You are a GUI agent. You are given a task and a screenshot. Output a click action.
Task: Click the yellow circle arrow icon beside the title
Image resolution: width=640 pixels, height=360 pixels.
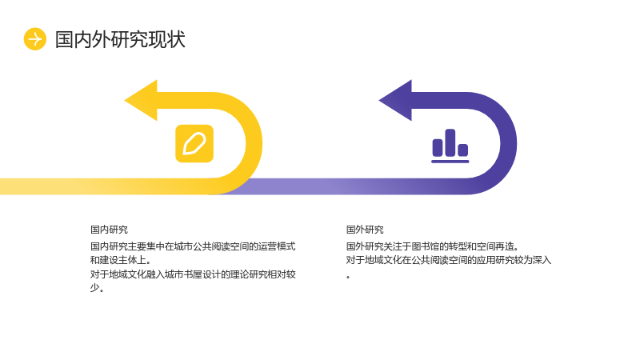[x=35, y=39]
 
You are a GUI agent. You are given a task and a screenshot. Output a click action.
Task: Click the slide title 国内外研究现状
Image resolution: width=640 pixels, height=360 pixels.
[x=120, y=39]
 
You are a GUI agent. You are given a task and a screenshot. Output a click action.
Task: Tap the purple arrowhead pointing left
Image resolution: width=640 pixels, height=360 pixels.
[x=395, y=101]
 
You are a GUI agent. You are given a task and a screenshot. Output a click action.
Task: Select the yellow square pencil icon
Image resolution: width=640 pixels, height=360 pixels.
[x=194, y=144]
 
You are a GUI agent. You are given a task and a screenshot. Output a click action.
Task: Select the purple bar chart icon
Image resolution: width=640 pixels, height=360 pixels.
[x=450, y=146]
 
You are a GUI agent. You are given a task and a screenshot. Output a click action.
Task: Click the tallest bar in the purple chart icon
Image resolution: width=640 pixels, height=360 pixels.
[x=450, y=142]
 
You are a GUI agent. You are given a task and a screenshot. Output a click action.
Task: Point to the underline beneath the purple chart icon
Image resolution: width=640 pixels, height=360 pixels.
[x=450, y=162]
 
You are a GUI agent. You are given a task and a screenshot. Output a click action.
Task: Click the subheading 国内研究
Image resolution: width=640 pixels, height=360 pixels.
[x=109, y=230]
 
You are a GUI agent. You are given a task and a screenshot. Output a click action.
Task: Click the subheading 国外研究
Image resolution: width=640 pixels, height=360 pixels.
[x=365, y=230]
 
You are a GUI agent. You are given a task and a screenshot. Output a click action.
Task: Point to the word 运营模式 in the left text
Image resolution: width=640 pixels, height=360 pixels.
[x=277, y=246]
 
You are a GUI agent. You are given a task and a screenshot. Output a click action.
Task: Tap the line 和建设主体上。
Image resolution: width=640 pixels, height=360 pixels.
[x=121, y=260]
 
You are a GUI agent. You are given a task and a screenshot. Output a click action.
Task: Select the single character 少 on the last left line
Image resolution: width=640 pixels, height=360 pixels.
[x=94, y=287]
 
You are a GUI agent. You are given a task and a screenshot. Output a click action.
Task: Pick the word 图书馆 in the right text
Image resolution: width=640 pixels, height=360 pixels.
[x=426, y=246]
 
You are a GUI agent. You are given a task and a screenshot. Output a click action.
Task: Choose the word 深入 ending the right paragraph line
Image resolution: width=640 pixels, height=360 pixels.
[x=542, y=260]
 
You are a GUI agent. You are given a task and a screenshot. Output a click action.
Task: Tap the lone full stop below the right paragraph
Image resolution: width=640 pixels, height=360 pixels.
[x=348, y=278]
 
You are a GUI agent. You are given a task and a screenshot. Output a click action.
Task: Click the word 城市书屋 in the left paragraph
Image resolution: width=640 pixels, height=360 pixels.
[x=184, y=274]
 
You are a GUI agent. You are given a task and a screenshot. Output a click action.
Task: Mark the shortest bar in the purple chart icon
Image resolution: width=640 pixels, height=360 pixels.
[x=463, y=150]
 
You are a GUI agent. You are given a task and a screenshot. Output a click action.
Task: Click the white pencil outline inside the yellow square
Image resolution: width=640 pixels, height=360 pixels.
[x=194, y=144]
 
